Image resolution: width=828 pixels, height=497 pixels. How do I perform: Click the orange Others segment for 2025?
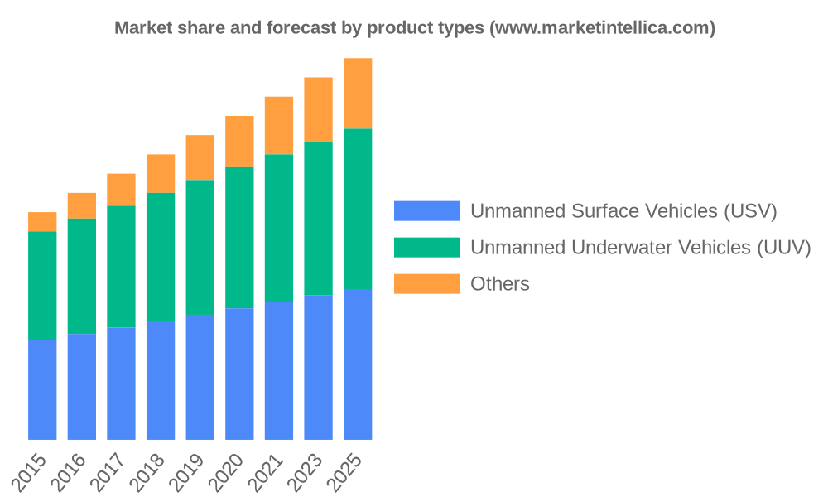[358, 93]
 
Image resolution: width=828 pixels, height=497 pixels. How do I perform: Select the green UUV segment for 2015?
[42, 286]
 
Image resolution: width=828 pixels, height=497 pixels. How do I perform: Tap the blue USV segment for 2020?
[239, 374]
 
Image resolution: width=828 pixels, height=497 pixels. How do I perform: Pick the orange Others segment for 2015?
[42, 221]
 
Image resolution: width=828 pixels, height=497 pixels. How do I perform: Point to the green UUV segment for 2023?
[318, 219]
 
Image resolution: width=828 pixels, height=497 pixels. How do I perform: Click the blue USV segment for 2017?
[121, 384]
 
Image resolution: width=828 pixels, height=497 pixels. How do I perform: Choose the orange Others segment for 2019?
[200, 157]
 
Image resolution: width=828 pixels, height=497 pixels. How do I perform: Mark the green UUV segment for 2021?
[279, 228]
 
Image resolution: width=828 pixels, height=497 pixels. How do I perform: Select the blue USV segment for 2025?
[358, 364]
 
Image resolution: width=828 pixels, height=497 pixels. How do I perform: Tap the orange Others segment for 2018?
[161, 173]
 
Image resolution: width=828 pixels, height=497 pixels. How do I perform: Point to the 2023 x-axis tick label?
[307, 472]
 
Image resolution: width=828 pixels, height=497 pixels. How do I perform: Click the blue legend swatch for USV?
[426, 210]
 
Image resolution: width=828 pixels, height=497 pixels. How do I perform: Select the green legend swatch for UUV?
[426, 247]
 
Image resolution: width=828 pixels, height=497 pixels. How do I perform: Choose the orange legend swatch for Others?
[426, 283]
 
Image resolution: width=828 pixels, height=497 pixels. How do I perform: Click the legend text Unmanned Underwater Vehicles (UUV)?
[640, 247]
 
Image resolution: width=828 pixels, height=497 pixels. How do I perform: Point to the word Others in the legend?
[500, 283]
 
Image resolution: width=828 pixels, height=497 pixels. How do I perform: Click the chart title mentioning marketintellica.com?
[415, 27]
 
